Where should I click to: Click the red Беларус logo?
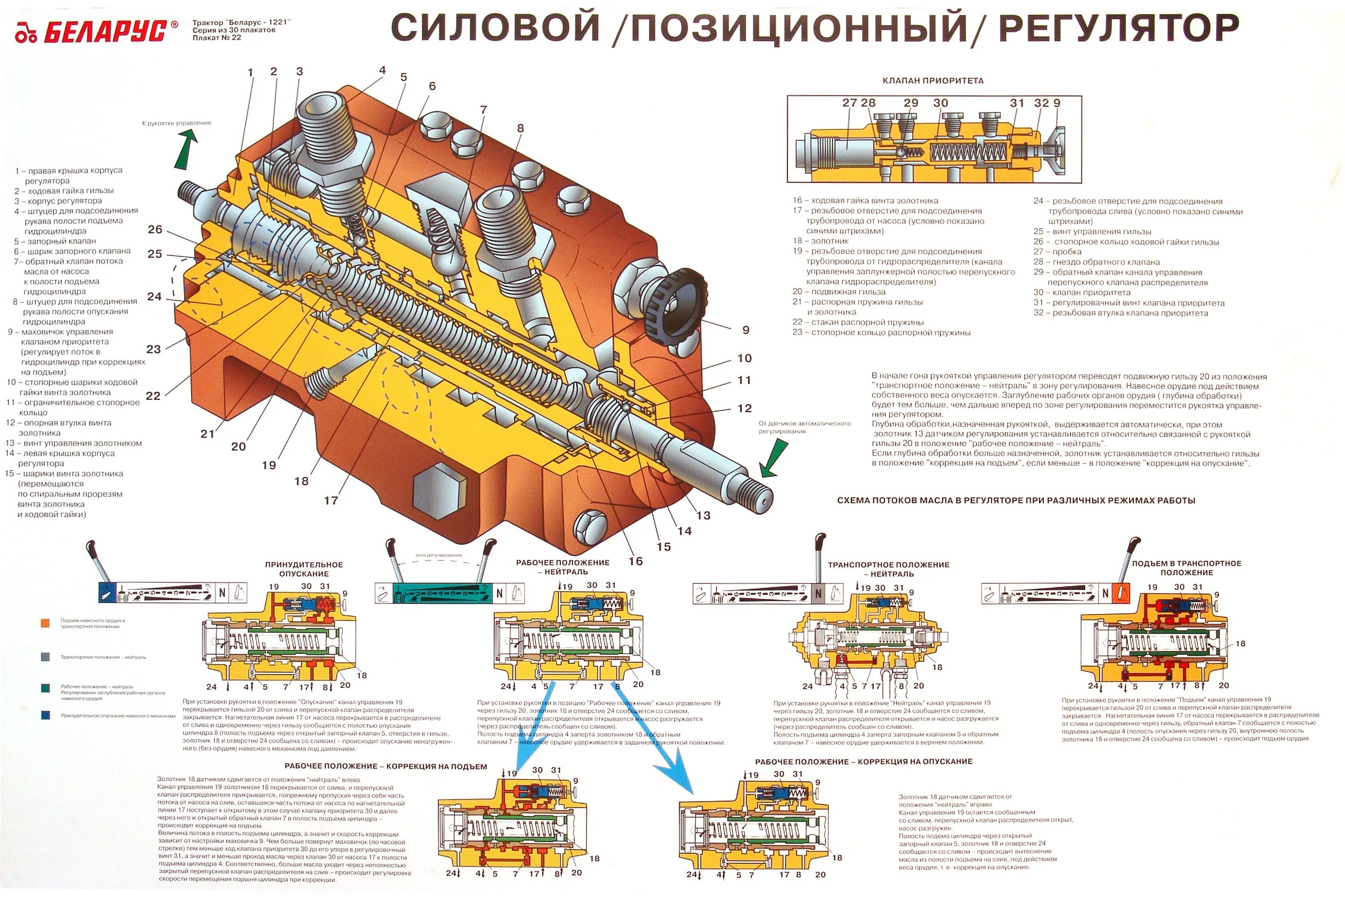click(95, 31)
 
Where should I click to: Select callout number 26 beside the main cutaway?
click(155, 229)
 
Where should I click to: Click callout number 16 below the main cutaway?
click(635, 561)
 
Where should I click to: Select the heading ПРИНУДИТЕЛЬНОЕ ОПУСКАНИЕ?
click(304, 569)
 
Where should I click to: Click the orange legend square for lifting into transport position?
click(45, 623)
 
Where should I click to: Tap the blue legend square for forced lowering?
click(45, 715)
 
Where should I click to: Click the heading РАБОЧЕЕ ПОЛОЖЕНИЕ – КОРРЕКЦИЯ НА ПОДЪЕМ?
click(386, 766)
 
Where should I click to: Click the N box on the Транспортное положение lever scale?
click(818, 594)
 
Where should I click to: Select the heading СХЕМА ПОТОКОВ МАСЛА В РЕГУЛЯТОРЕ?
click(1015, 500)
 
